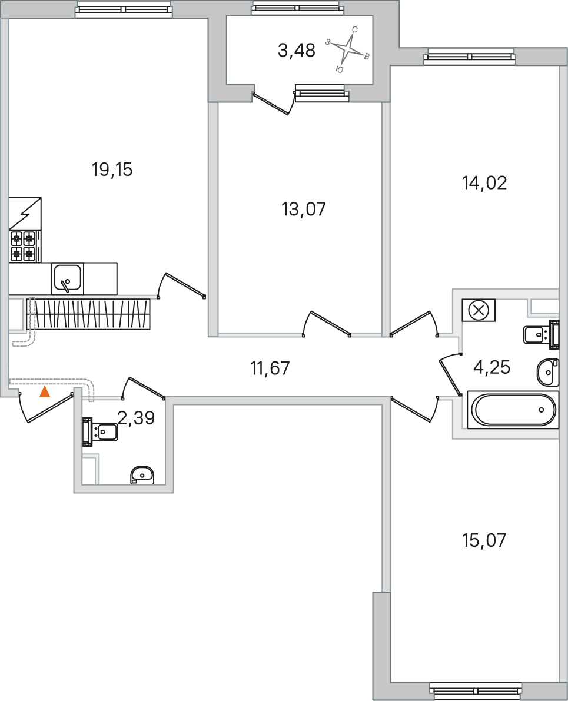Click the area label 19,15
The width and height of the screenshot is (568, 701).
[x=112, y=170]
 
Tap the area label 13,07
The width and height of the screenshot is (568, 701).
[x=304, y=209]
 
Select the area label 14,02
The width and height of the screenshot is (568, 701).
[x=484, y=184]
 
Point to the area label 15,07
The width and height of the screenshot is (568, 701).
[x=484, y=540]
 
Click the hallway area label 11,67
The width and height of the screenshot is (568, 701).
[x=270, y=369]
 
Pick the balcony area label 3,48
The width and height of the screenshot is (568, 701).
[x=297, y=51]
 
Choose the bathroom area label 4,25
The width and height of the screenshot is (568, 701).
[x=491, y=368]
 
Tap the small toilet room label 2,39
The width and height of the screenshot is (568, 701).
[x=136, y=418]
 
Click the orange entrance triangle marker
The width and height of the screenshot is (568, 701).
[x=45, y=392]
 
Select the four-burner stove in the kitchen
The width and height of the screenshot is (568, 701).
[x=23, y=246]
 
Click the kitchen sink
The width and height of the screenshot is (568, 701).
[x=68, y=278]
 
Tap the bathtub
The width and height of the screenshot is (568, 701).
[x=513, y=410]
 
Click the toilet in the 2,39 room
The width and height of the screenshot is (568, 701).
[x=102, y=431]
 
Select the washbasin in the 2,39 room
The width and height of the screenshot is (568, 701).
[x=142, y=474]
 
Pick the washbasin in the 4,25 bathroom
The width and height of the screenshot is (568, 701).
[x=547, y=372]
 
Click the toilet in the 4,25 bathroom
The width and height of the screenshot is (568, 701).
[x=539, y=334]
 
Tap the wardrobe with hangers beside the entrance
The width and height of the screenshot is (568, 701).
[x=88, y=314]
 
